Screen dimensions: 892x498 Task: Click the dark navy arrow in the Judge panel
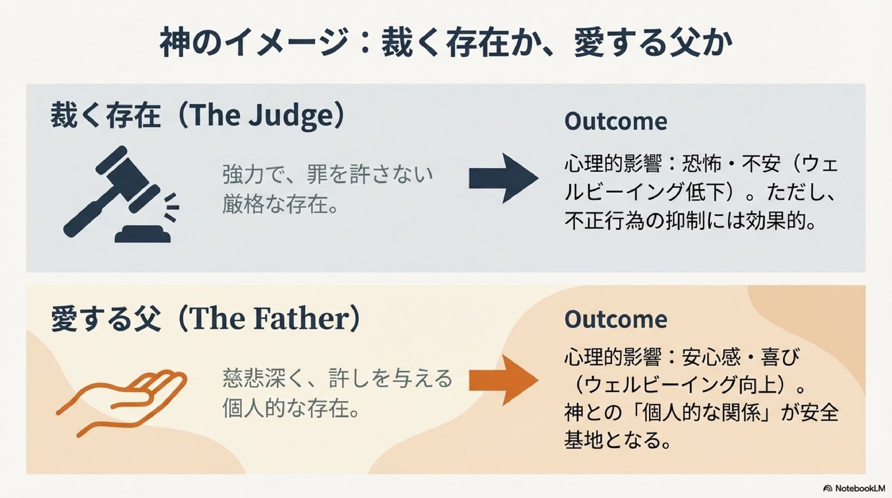pyautogui.click(x=504, y=178)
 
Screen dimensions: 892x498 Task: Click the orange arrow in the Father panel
pyautogui.click(x=504, y=380)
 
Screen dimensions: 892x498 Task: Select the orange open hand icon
pyautogui.click(x=121, y=402)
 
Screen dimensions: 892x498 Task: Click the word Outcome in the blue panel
pyautogui.click(x=616, y=121)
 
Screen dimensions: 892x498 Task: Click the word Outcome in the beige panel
pyautogui.click(x=616, y=320)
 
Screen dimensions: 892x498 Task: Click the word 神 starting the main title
pyautogui.click(x=175, y=43)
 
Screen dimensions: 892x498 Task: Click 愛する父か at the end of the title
pyautogui.click(x=653, y=43)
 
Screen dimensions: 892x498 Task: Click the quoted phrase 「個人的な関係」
pyautogui.click(x=701, y=413)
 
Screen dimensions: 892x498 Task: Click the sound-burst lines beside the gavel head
pyautogui.click(x=172, y=207)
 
